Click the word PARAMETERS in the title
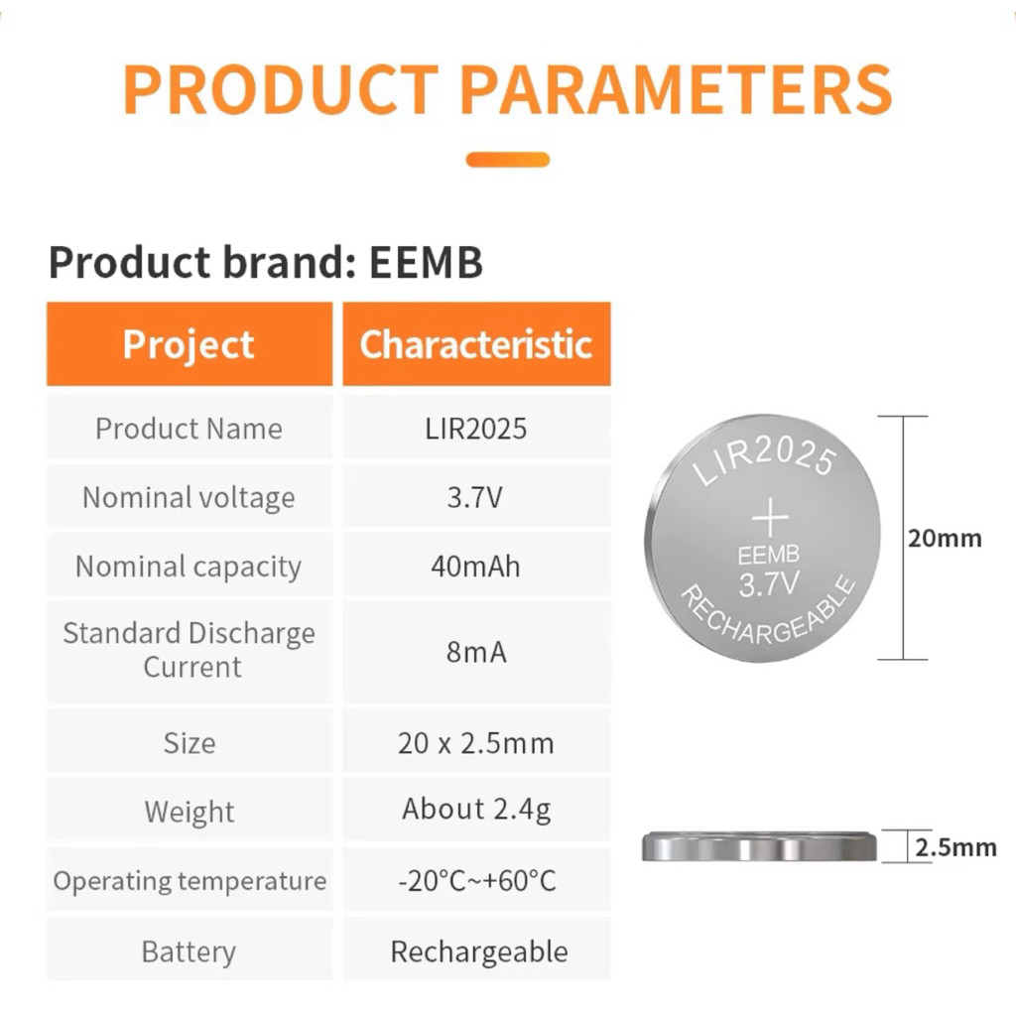pyautogui.click(x=676, y=89)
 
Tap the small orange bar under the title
pyautogui.click(x=507, y=159)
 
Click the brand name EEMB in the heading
pyautogui.click(x=426, y=263)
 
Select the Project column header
pyautogui.click(x=189, y=344)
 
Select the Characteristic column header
pyautogui.click(x=476, y=344)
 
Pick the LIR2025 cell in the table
pyautogui.click(x=476, y=429)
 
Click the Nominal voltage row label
pyautogui.click(x=189, y=497)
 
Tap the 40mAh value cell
pyautogui.click(x=476, y=567)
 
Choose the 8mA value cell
pyautogui.click(x=476, y=652)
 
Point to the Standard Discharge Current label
pyautogui.click(x=189, y=650)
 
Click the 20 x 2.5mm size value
pyautogui.click(x=476, y=743)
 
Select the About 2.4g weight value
pyautogui.click(x=476, y=810)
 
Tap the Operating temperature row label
pyautogui.click(x=189, y=881)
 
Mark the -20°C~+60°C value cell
pyautogui.click(x=476, y=881)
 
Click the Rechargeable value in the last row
pyautogui.click(x=478, y=952)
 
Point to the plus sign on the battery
pyautogui.click(x=769, y=519)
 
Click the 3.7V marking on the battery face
pyautogui.click(x=768, y=584)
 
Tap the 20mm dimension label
pyautogui.click(x=945, y=539)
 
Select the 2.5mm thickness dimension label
pyautogui.click(x=955, y=847)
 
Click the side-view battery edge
pyautogui.click(x=760, y=847)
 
